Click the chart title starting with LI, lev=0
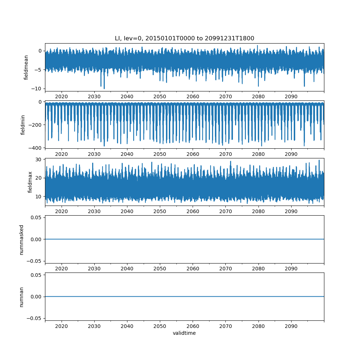184,38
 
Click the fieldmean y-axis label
26,68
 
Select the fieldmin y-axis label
22,125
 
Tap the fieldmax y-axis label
30,182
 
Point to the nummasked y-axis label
21,240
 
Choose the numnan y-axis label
21,297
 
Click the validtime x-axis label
184,333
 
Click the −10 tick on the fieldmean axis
37,89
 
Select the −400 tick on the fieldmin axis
35,148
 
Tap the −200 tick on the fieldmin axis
35,125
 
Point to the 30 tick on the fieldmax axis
39,159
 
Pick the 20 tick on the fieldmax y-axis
39,178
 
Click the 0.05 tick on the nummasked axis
36,217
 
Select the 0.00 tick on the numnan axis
36,297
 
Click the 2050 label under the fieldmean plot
160,96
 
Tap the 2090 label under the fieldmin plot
291,154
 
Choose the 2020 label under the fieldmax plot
61,211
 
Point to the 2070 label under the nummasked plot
225,269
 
